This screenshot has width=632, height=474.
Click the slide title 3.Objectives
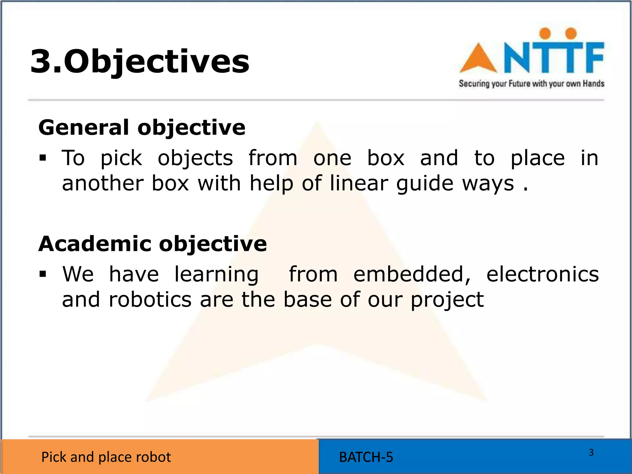pos(139,61)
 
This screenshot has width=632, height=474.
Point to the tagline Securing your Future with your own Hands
pos(531,84)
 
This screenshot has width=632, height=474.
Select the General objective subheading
pos(142,127)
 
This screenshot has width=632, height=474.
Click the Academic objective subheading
pos(152,244)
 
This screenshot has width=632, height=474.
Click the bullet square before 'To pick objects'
pos(43,158)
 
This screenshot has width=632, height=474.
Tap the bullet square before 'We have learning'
pos(43,274)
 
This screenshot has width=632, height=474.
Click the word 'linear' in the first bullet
pos(359,183)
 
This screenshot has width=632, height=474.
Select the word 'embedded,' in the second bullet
pos(412,274)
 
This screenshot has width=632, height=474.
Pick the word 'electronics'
pos(543,274)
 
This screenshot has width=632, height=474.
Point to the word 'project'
pos(447,300)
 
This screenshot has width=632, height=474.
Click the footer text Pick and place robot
pos(106,457)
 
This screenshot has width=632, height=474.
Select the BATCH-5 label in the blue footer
pos(366,457)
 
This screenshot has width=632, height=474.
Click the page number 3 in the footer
pos(591,452)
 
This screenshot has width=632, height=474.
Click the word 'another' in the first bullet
pos(103,183)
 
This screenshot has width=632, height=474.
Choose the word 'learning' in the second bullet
pos(216,275)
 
